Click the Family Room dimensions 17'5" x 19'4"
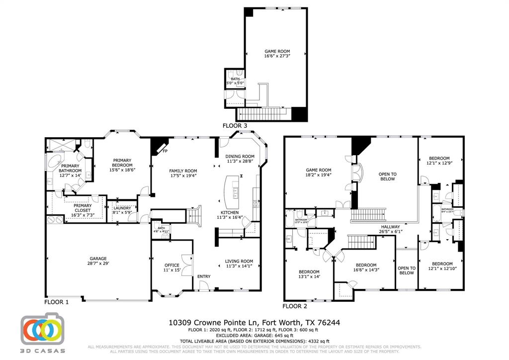pyautogui.click(x=184, y=176)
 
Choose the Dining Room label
pyautogui.click(x=240, y=156)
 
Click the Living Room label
pyautogui.click(x=239, y=261)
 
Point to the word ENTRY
pyautogui.click(x=204, y=276)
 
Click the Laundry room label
pyautogui.click(x=122, y=208)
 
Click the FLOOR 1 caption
pyautogui.click(x=57, y=302)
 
